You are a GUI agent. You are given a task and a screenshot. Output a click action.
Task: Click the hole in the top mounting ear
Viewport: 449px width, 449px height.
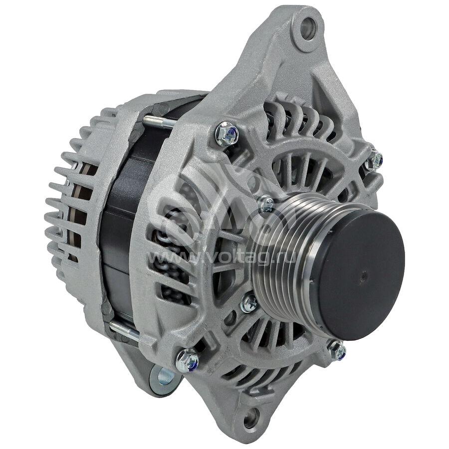coord(308,28)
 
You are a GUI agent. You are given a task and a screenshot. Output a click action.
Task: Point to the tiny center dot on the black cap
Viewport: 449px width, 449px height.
coord(363,276)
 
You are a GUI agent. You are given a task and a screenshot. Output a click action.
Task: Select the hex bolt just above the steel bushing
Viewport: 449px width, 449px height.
coord(187,360)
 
